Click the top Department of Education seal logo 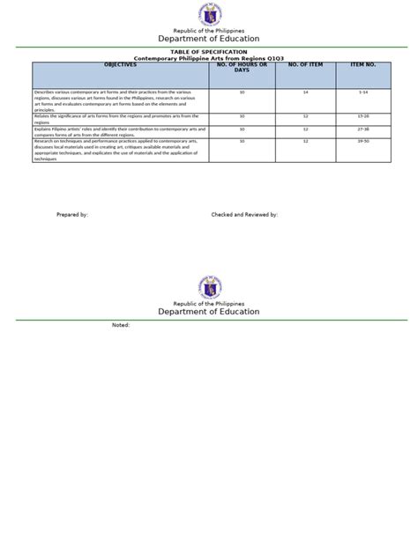tap(209, 15)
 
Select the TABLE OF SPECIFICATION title tap(209, 52)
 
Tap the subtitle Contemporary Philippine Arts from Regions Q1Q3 tap(209, 58)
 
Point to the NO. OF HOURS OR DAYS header tap(242, 68)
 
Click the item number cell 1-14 tap(363, 92)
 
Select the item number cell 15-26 tap(363, 116)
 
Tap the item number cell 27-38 tap(363, 129)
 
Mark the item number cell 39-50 tap(363, 140)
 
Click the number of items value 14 tap(305, 92)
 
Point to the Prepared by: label tap(72, 214)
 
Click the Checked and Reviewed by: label tap(244, 214)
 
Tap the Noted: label tap(121, 325)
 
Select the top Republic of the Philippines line tap(209, 32)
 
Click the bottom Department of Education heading tap(209, 311)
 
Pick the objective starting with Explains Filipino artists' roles tap(116, 130)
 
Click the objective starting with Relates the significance tap(116, 118)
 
